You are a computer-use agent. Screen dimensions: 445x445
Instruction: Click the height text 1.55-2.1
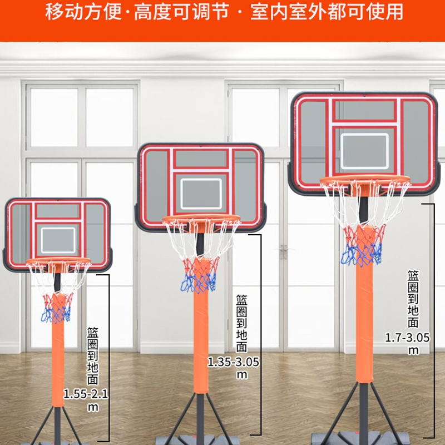pyautogui.click(x=86, y=394)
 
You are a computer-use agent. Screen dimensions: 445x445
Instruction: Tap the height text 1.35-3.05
pyautogui.click(x=233, y=362)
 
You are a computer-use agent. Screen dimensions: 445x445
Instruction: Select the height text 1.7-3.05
pyautogui.click(x=407, y=338)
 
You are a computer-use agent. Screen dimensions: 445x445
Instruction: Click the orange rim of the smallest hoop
pyautogui.click(x=58, y=260)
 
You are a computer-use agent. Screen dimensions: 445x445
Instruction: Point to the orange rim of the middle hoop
pyautogui.click(x=201, y=217)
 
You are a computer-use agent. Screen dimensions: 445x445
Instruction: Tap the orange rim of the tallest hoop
pyautogui.click(x=365, y=178)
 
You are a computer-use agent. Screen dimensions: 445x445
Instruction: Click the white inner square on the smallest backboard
pyautogui.click(x=58, y=228)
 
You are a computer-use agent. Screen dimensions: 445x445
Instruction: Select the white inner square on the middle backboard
pyautogui.click(x=201, y=179)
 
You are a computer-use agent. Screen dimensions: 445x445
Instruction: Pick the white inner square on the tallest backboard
pyautogui.click(x=365, y=134)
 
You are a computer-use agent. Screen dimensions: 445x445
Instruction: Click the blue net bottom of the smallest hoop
pyautogui.click(x=56, y=314)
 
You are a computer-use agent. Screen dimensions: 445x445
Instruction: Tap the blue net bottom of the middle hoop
pyautogui.click(x=199, y=283)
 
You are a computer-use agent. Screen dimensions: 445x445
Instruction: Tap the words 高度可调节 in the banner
pyautogui.click(x=182, y=12)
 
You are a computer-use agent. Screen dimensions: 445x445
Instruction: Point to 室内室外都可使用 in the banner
pyautogui.click(x=327, y=12)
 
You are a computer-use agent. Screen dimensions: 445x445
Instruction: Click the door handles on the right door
pyautogui.click(x=283, y=251)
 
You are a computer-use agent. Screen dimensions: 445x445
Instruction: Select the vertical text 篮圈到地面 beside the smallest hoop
pyautogui.click(x=92, y=356)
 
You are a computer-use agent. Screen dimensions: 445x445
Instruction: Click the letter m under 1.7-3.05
pyautogui.click(x=413, y=351)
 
